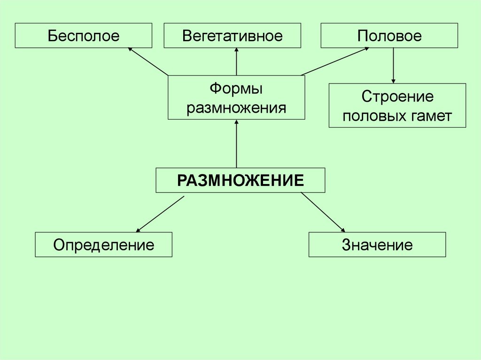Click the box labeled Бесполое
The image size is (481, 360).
(x=83, y=36)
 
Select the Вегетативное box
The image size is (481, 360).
(x=232, y=36)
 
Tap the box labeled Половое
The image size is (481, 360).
(x=389, y=36)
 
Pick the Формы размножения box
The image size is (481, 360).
(x=236, y=98)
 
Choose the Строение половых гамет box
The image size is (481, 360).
(x=397, y=106)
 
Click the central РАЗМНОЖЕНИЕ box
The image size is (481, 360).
(x=240, y=180)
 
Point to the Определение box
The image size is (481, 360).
(x=103, y=245)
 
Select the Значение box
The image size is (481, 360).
(x=377, y=245)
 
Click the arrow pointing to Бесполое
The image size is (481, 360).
(x=148, y=61)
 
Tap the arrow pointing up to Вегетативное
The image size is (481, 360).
(x=236, y=61)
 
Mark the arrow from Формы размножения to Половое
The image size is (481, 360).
(x=334, y=61)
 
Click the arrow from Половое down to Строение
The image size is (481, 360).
(x=393, y=66)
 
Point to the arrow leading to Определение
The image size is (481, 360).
(x=160, y=214)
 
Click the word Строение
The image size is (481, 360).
(x=397, y=97)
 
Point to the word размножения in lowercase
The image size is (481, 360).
(x=236, y=108)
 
